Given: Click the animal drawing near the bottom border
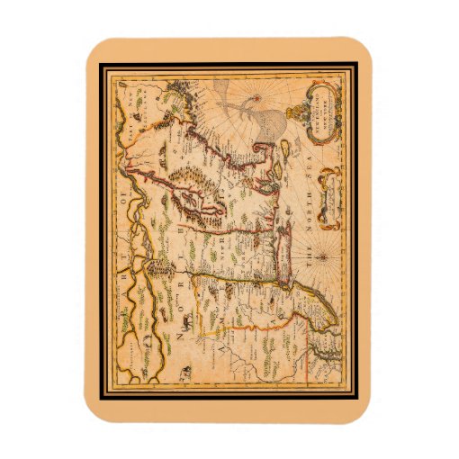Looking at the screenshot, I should [184, 370].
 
